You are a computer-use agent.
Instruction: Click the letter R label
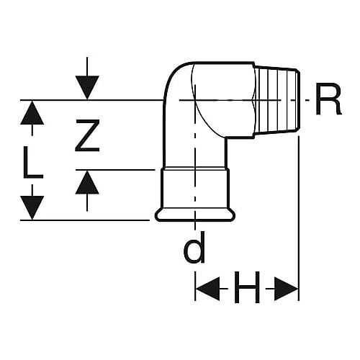pyautogui.click(x=328, y=99)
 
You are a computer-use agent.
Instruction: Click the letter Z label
pyautogui.click(x=87, y=135)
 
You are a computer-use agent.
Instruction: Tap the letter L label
pyautogui.click(x=33, y=163)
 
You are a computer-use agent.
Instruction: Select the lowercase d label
pyautogui.click(x=194, y=248)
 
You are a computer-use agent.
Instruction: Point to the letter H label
pyautogui.click(x=247, y=287)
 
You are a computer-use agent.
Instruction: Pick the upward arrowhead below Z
pyautogui.click(x=87, y=182)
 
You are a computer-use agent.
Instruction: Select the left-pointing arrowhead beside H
pyautogui.click(x=208, y=289)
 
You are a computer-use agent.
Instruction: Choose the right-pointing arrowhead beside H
pyautogui.click(x=286, y=289)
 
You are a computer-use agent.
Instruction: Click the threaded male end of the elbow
pyautogui.click(x=276, y=100)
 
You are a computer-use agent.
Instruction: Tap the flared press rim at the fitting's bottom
pyautogui.click(x=195, y=215)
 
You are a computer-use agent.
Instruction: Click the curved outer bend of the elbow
pyautogui.click(x=172, y=74)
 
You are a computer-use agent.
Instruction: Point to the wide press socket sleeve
pyautogui.click(x=195, y=189)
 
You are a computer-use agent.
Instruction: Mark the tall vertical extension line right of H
pyautogui.click(x=299, y=218)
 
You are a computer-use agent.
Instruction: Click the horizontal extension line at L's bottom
pyautogui.click(x=85, y=220)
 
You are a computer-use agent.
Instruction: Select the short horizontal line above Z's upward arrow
pyautogui.click(x=115, y=170)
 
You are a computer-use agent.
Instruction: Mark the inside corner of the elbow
pyautogui.click(x=225, y=138)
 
